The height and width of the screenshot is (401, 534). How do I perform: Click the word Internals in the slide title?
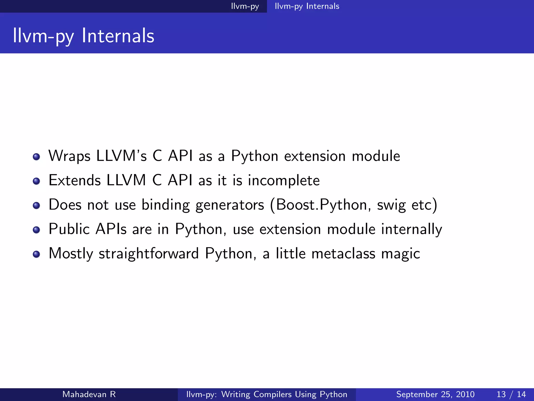pos(118,36)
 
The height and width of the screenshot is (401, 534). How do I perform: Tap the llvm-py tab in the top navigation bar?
pos(245,6)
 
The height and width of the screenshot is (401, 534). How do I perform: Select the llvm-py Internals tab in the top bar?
pos(307,6)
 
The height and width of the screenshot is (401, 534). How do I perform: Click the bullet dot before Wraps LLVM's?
pos(37,157)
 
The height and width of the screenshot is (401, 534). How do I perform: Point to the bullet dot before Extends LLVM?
pos(37,181)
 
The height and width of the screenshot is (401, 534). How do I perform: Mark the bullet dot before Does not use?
pos(37,205)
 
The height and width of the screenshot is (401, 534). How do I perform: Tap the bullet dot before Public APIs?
pos(37,230)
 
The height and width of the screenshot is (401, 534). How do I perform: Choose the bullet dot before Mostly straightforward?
pos(37,254)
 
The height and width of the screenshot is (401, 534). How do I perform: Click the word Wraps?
pos(69,156)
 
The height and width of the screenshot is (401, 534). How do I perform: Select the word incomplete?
pos(284,181)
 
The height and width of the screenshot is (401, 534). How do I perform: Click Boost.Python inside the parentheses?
pos(321,205)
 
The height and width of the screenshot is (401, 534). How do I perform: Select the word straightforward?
pos(149,253)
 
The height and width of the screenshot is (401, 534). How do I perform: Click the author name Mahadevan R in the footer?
pos(89,394)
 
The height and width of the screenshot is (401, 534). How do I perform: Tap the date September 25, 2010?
pos(435,394)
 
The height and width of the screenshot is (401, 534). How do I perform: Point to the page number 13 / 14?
pos(511,394)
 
